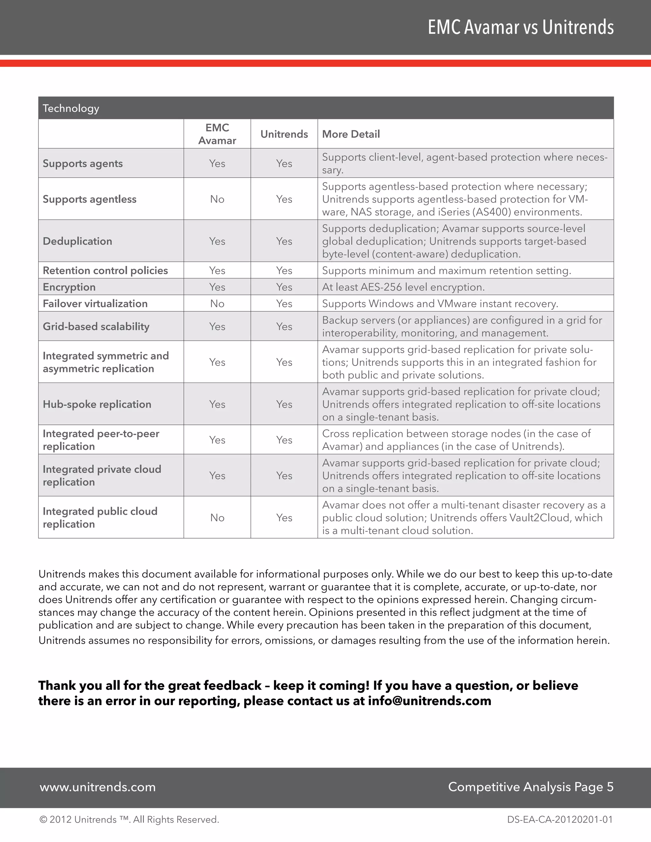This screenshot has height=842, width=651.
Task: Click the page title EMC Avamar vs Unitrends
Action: (x=520, y=27)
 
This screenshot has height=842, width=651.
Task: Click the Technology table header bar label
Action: (x=71, y=108)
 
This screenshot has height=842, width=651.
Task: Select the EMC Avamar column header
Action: (x=217, y=134)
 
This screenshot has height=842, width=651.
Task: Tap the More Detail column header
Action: (x=351, y=134)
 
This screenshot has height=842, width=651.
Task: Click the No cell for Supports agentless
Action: (x=217, y=199)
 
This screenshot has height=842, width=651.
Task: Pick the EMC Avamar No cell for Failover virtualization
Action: (x=217, y=303)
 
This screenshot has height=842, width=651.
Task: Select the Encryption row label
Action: (x=69, y=287)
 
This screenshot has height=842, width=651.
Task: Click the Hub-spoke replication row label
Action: (x=97, y=404)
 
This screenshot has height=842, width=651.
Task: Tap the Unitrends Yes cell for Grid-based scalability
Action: (x=284, y=327)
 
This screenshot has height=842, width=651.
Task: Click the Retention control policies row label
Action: (x=105, y=271)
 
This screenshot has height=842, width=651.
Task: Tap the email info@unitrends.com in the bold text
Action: (x=429, y=701)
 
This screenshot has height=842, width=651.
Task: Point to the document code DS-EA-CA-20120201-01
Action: (x=559, y=820)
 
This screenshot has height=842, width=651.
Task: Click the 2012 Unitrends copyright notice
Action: (x=129, y=820)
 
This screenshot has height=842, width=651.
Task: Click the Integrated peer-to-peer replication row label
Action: (x=101, y=440)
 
